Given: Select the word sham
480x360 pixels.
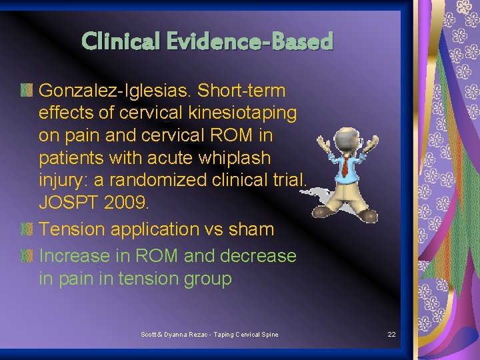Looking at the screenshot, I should (251, 229).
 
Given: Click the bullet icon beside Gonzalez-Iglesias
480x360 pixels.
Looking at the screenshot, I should (26, 90).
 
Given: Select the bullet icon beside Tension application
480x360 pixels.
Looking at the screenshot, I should (26, 229).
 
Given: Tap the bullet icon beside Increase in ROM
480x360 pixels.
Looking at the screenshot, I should (26, 256).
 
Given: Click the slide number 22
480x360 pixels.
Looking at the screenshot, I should (391, 334).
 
